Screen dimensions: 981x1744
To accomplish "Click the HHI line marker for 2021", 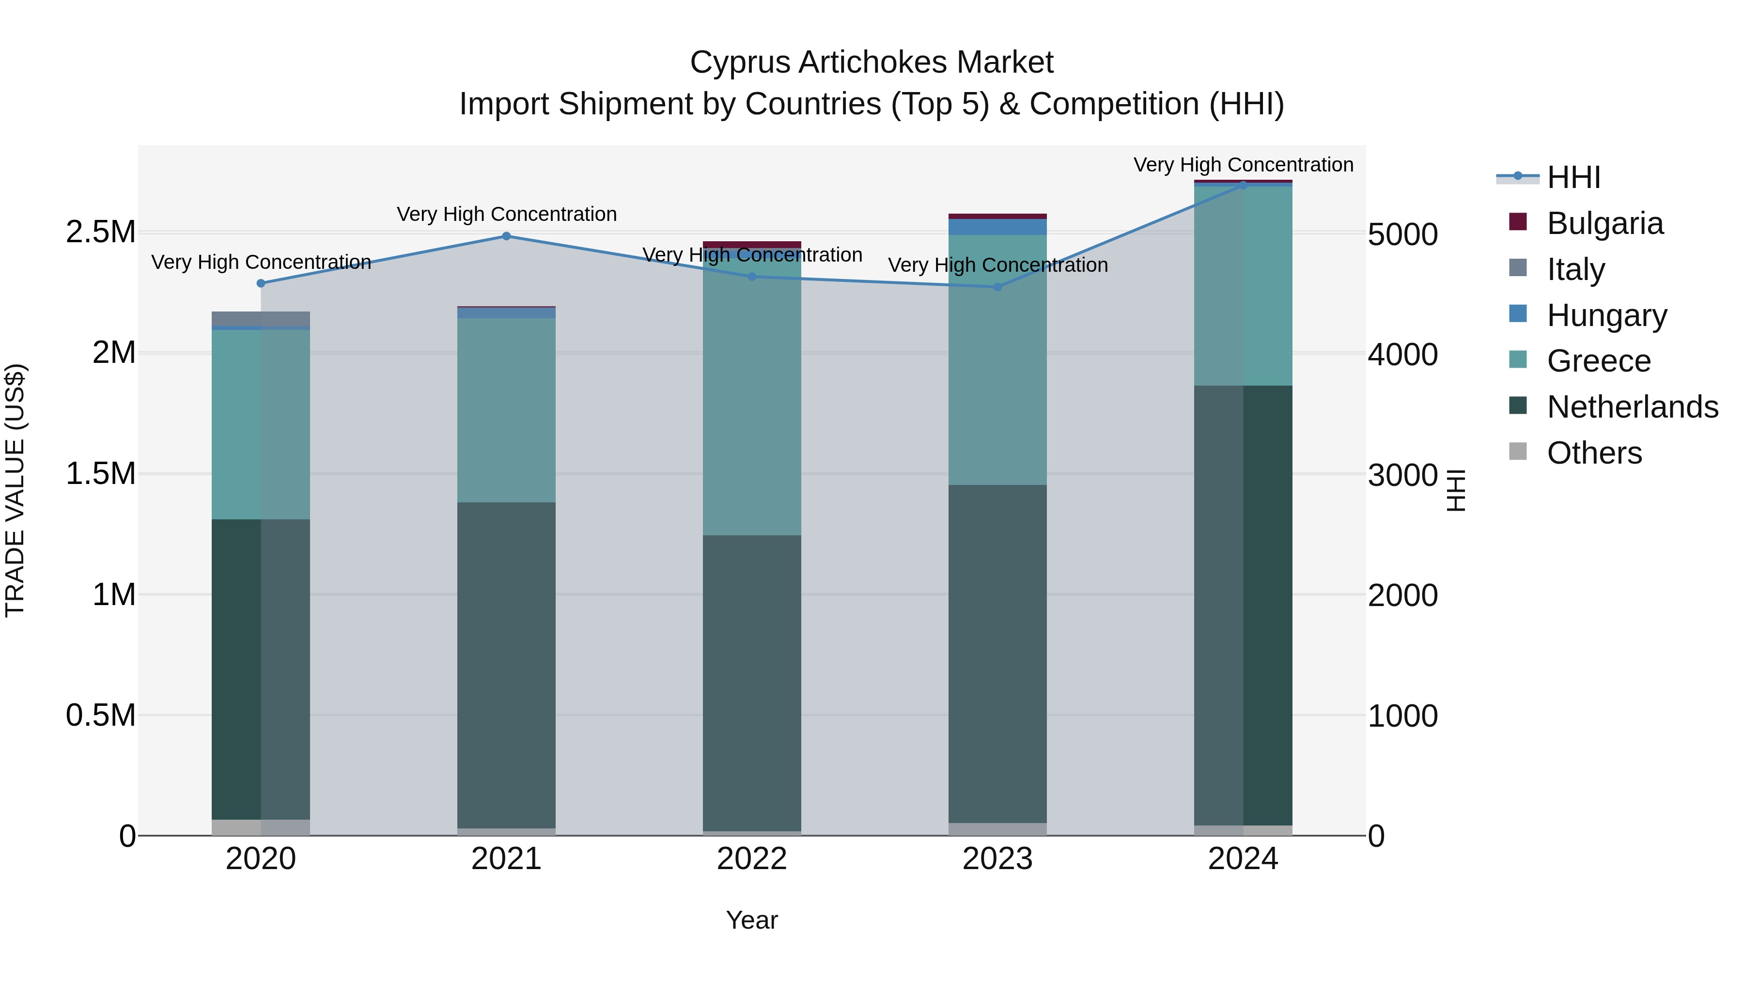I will coord(506,236).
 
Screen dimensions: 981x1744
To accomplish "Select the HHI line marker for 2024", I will coord(1243,185).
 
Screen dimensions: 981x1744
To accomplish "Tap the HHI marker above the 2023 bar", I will coord(997,287).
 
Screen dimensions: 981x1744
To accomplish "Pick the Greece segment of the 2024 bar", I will coord(1243,286).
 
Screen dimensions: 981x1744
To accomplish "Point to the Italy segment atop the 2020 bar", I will coord(261,319).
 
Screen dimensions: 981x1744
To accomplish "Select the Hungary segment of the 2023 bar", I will coord(997,227).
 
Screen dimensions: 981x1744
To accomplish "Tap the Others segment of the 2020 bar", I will coord(261,827).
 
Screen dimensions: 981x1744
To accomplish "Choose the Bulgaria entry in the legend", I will coord(1604,223).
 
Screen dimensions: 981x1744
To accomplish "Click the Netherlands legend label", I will coord(1632,407).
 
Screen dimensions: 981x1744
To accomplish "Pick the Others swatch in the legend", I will coord(1518,452).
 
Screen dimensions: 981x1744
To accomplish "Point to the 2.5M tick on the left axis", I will coord(101,232).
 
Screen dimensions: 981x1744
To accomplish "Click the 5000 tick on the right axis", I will coord(1402,234).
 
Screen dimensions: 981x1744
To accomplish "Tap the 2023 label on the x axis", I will coord(997,859).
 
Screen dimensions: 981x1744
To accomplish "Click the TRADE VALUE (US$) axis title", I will coord(15,490).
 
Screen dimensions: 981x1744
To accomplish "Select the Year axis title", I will coord(751,920).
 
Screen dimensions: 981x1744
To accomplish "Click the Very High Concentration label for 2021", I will coord(506,214).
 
